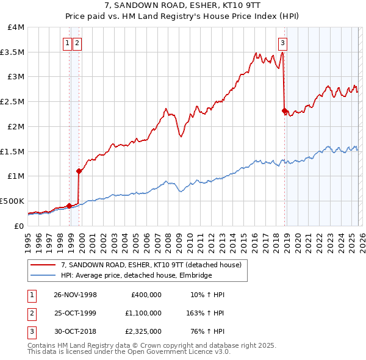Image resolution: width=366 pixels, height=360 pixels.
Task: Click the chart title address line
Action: point(183,6)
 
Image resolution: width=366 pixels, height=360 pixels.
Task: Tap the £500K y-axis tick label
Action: point(12,201)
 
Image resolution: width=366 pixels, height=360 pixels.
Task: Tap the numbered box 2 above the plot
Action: point(77,43)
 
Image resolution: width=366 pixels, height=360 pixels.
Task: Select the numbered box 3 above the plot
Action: point(283,43)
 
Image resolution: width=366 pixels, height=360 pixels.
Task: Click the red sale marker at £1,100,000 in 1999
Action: point(79,171)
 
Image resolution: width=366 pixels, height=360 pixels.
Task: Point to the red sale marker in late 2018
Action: point(284,110)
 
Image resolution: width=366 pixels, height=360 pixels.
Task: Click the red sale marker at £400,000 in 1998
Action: point(69,206)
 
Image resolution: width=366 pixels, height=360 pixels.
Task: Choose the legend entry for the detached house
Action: point(151,265)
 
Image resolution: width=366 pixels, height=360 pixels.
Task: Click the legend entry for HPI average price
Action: point(136,276)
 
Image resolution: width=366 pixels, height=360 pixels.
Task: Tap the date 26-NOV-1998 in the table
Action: point(75,295)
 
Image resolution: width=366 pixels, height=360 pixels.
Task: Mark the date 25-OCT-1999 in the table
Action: point(75,313)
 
